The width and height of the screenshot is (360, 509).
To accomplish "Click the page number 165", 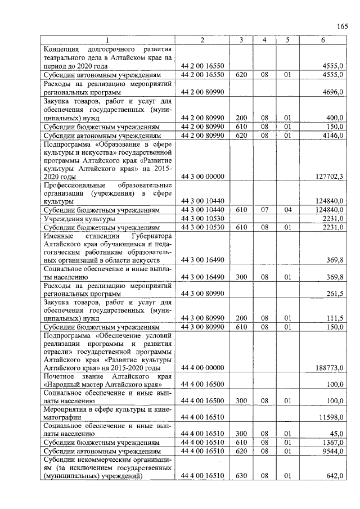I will (x=343, y=26).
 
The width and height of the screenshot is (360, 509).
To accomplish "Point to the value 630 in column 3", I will (x=241, y=476).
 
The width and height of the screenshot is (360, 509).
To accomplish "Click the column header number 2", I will (x=202, y=40).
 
